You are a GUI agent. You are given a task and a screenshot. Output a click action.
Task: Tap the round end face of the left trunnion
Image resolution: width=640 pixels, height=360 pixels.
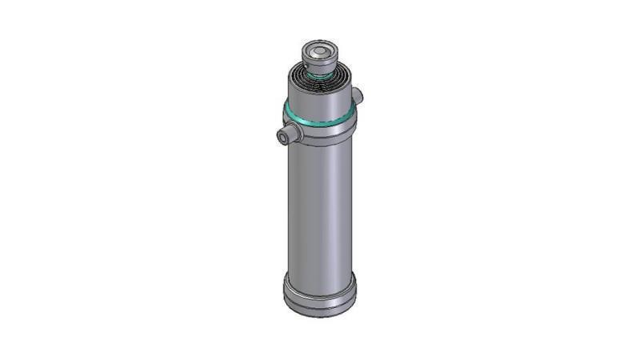[282, 138]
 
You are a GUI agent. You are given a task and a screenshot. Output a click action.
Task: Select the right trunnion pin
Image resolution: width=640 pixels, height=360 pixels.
[358, 95]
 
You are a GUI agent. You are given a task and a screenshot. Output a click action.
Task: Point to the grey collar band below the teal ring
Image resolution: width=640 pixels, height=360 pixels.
[320, 133]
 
